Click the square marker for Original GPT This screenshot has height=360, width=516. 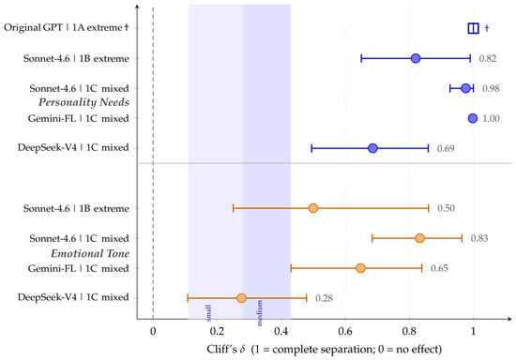coord(473,28)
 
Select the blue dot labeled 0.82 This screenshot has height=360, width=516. coord(416,58)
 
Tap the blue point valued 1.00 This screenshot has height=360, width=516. coord(473,118)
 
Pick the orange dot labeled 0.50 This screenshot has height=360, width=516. coord(313,208)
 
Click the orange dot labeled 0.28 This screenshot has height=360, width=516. coord(241,298)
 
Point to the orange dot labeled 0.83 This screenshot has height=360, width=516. coord(419,238)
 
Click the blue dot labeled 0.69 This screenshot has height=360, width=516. coord(372,148)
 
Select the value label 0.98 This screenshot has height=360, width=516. coord(491,88)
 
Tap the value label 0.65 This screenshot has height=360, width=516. coord(439,268)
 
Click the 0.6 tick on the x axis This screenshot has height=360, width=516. coord(345,331)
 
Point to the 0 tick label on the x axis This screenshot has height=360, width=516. coord(153,331)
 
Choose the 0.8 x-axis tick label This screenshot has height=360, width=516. coord(409,331)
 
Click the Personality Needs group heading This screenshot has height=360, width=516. coord(83,102)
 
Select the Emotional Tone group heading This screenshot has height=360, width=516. coord(90,253)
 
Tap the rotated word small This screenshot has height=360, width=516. coord(208,313)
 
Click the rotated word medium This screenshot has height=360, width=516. coord(260,313)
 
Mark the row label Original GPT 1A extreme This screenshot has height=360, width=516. coord(67,27)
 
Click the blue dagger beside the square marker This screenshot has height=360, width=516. coord(487,28)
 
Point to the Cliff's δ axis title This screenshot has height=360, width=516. coord(325,349)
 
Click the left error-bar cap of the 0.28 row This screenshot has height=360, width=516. coord(188,298)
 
